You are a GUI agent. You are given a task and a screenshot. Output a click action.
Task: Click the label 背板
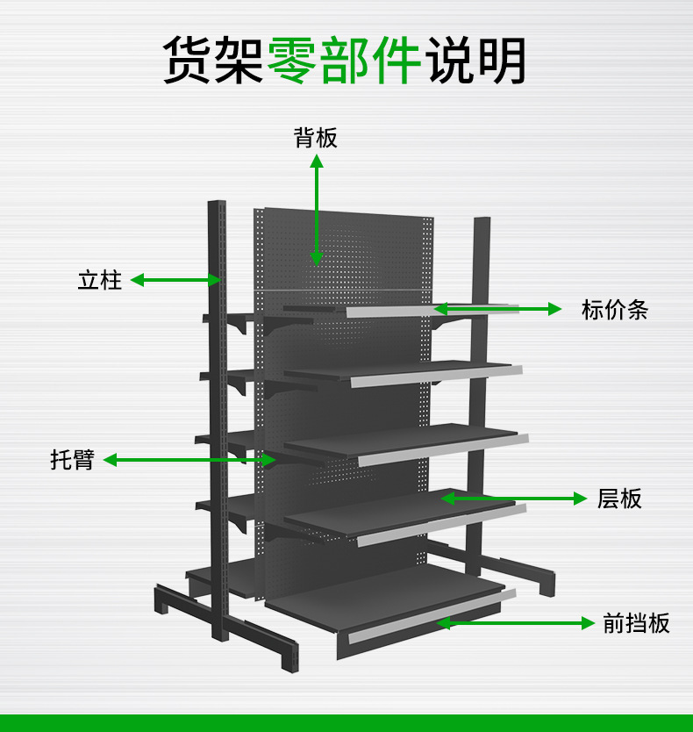point(316,138)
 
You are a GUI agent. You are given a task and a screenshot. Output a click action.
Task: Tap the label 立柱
point(99,281)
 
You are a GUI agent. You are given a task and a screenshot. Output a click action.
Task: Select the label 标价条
point(614,310)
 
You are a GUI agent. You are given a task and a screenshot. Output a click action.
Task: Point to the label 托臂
point(72,459)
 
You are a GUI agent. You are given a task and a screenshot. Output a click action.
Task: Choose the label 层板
point(619,499)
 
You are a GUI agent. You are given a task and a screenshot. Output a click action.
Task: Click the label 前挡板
point(636,623)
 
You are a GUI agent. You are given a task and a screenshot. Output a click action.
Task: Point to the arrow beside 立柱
point(175,281)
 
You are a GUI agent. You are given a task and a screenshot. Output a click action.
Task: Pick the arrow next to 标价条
point(497,309)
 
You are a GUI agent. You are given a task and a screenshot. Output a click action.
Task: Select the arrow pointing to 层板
point(513,499)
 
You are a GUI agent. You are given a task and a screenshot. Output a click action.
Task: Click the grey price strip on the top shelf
point(430,310)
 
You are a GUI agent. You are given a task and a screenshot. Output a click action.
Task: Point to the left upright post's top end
point(217,206)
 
